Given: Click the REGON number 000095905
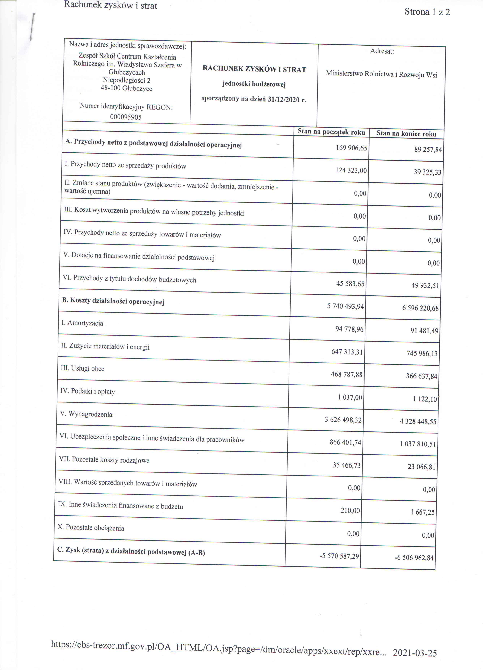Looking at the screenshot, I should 126,117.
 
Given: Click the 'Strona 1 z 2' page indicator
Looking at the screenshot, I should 427,12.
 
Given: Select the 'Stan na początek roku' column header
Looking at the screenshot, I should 331,132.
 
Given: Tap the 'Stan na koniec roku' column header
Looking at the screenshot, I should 406,133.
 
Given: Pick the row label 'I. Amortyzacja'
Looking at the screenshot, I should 82,323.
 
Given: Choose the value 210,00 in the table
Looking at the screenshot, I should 350,511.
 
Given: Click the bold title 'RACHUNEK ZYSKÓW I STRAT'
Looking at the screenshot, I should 254,69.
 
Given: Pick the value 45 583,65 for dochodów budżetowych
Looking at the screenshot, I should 350,284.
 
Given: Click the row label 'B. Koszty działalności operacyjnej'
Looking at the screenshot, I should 113,301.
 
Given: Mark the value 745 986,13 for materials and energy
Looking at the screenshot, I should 422,354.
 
